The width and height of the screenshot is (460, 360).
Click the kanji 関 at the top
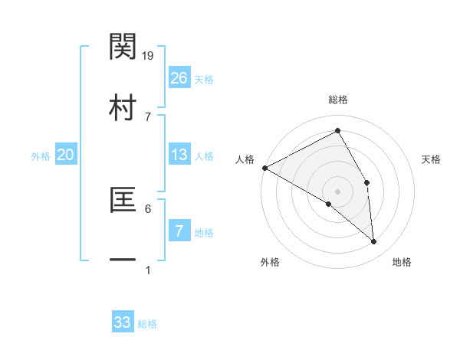pos(123,47)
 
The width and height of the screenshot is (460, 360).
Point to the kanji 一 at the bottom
pos(123,261)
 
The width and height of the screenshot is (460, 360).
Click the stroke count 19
pos(149,55)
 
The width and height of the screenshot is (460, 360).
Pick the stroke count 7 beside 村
pos(148,116)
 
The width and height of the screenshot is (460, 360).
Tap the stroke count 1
pos(148,270)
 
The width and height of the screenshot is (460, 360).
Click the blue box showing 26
pos(179,78)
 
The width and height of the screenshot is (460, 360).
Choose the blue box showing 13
pos(179,155)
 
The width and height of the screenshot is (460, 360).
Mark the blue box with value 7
pos(179,231)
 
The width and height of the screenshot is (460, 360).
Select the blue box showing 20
pos(66,155)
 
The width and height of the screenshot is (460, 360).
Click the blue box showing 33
pos(123,322)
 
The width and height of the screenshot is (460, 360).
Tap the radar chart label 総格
pos(338,100)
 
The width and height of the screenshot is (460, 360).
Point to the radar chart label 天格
pos(432,159)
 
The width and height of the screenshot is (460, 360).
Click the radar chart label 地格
pos(402,263)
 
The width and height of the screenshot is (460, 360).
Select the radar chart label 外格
pos(270,263)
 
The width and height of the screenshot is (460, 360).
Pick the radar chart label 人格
pos(245,159)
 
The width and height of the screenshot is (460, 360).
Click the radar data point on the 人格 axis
pos(264,168)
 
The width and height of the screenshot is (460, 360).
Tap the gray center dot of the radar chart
pos(338,191)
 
